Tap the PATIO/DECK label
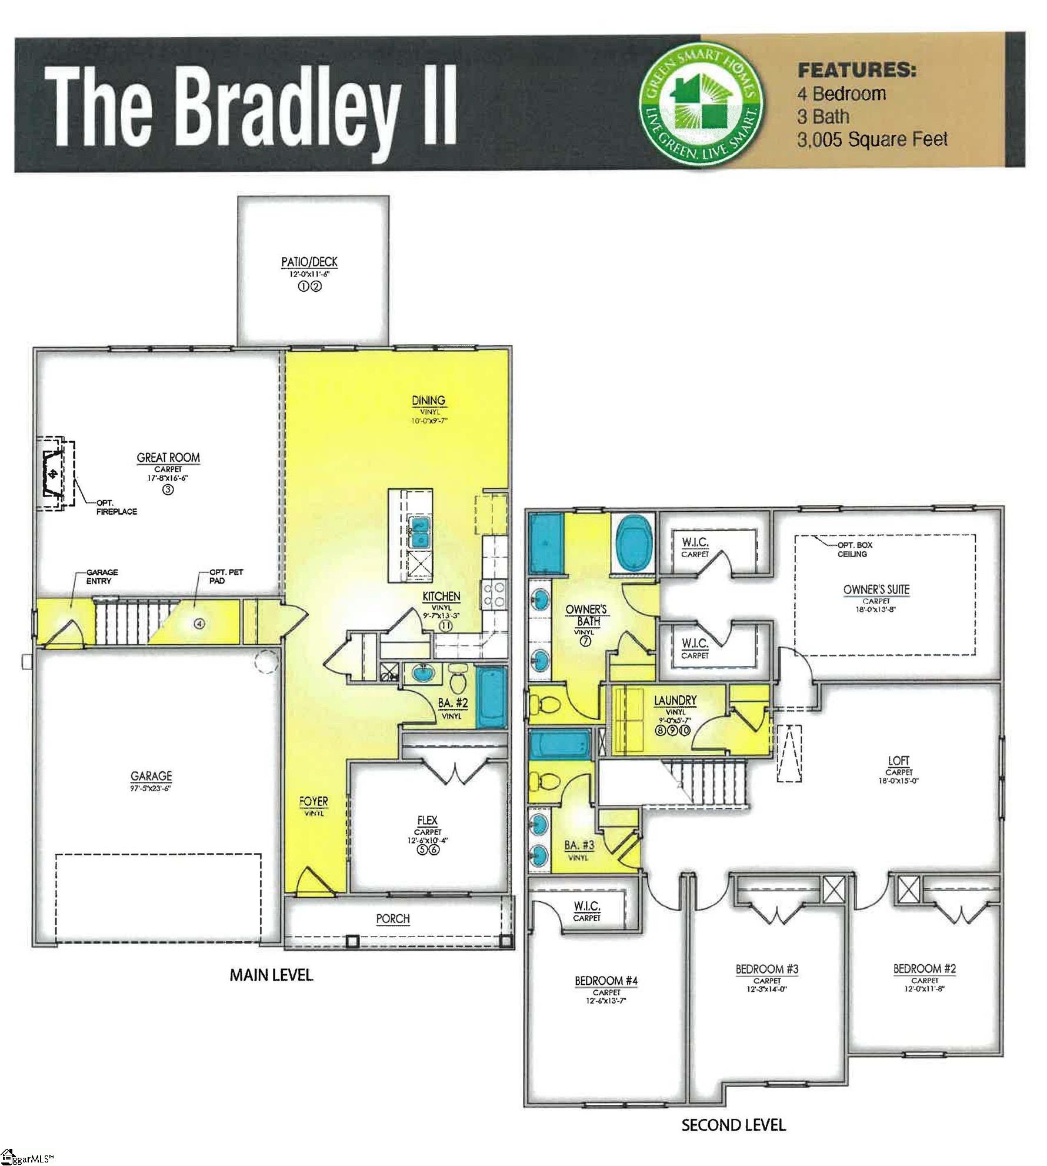309,262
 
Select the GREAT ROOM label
168,457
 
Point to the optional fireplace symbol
54,474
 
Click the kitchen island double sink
419,531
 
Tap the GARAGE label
151,776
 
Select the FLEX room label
428,820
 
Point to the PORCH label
393,918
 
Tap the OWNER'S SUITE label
876,589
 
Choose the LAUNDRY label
675,700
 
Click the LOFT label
898,761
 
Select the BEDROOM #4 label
606,981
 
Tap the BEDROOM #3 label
767,969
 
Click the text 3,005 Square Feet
872,140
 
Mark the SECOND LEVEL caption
733,1125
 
